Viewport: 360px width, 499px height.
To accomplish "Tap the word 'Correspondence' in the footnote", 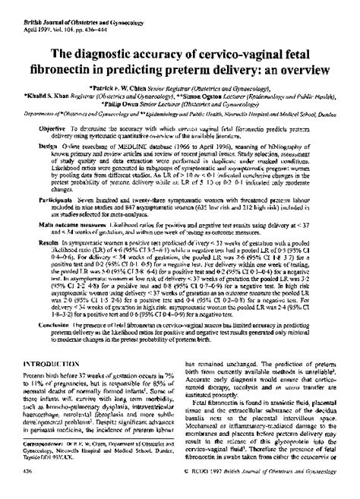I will [48, 466].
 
